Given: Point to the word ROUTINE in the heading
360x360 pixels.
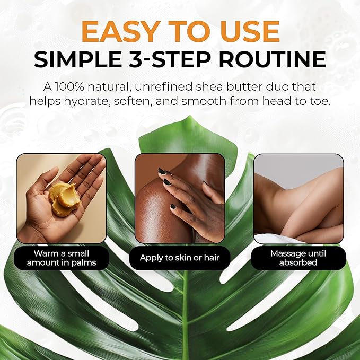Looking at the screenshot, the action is tap(273, 59).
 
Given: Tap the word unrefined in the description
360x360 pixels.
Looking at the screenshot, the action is tap(164, 87).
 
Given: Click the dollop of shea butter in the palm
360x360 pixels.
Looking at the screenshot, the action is tap(64, 198).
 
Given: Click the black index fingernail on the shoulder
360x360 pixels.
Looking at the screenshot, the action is tap(163, 171).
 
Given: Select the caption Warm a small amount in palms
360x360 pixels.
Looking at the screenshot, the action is tap(62, 258).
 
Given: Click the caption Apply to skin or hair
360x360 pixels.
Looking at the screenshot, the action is tap(180, 258).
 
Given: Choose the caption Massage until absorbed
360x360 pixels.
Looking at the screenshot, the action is tap(298, 258).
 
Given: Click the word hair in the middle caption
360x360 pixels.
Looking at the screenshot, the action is tap(212, 258).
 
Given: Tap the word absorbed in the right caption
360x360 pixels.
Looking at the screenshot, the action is tap(298, 262).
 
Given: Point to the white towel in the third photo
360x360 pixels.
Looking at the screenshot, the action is tap(276, 239).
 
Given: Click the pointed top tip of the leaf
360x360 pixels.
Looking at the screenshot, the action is tap(190, 116).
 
